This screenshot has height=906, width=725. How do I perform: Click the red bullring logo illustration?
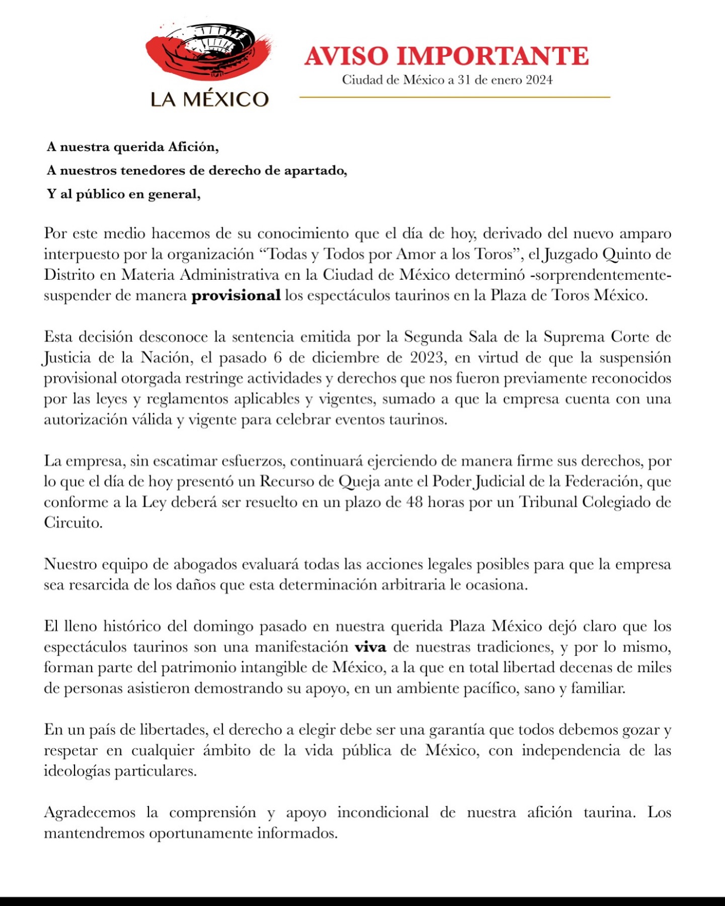(209, 52)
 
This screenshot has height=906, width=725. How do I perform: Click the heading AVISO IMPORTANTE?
(447, 56)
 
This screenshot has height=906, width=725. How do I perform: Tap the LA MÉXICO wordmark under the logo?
(209, 99)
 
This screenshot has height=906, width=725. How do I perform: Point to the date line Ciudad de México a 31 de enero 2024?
(447, 80)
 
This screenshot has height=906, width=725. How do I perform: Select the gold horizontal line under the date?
(455, 97)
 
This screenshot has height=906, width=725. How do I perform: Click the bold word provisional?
(236, 295)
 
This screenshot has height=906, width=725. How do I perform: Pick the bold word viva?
(371, 647)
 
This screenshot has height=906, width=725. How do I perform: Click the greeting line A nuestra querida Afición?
(133, 147)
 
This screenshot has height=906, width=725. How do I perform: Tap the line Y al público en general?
(124, 194)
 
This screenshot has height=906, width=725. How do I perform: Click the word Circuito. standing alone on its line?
(73, 523)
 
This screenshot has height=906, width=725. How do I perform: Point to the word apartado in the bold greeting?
(315, 171)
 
